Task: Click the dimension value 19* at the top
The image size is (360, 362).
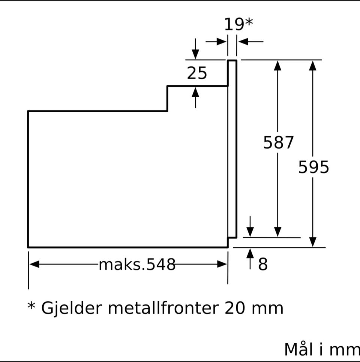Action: [239, 24]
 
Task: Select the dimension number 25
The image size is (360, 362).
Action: [197, 73]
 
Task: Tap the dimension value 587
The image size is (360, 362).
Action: [278, 142]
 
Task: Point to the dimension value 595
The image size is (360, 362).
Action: [313, 167]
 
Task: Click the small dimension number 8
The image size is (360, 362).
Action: [263, 264]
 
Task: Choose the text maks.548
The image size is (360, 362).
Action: [137, 265]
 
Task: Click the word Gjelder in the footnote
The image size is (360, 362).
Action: [72, 308]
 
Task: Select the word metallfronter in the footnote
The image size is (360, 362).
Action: [163, 308]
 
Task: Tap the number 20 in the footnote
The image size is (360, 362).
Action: [234, 308]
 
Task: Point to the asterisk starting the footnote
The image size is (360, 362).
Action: [31, 305]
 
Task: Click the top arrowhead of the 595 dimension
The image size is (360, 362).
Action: [312, 66]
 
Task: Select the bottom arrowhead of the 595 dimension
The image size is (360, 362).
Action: [312, 242]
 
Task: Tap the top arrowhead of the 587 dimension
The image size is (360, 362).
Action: [277, 66]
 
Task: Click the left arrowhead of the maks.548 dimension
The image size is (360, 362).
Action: [34, 264]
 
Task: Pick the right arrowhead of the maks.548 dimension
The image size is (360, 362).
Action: [222, 264]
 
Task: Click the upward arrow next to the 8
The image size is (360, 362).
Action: [250, 259]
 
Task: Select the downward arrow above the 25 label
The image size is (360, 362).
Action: [195, 48]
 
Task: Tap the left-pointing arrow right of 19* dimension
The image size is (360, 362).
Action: [250, 42]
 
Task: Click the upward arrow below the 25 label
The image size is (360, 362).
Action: [195, 98]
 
